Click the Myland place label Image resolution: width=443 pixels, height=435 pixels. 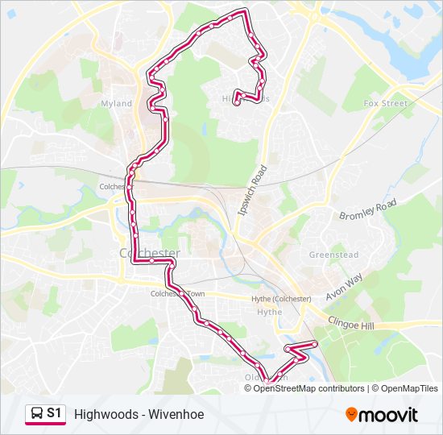[116, 104]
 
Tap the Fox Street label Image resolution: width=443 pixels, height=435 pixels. [386, 104]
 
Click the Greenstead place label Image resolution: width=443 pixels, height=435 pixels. [333, 255]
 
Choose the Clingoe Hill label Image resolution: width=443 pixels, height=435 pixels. [350, 321]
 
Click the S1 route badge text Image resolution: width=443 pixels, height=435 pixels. [54, 413]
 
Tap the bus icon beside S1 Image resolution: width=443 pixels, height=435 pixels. [36, 414]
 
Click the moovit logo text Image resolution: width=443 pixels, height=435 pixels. [389, 416]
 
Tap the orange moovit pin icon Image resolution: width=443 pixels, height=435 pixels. [351, 414]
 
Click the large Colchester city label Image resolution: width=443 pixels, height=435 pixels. [149, 253]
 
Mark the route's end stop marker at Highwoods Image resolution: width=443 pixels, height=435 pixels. [237, 102]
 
